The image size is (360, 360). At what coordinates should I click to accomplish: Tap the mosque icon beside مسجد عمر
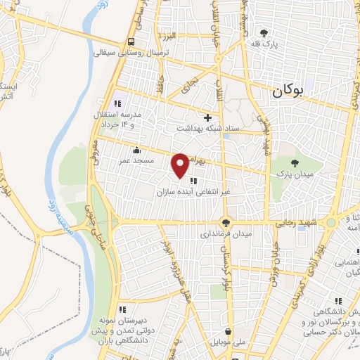click(136, 150)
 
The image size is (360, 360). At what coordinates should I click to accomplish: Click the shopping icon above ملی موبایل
click(228, 331)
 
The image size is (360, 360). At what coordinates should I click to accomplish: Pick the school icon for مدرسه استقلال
click(117, 104)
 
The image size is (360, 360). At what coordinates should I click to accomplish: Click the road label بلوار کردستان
click(227, 271)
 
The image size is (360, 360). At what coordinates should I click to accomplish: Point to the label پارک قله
click(264, 43)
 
